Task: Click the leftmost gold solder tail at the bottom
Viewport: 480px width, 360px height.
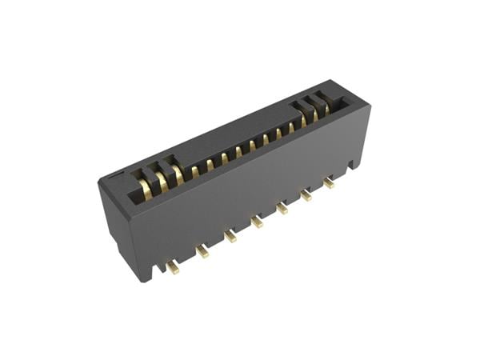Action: [173, 267]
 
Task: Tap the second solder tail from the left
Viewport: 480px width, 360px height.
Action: [202, 251]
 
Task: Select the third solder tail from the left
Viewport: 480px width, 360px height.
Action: [230, 236]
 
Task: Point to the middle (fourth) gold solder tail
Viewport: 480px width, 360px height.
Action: [257, 221]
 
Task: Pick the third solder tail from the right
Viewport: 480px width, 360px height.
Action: [282, 207]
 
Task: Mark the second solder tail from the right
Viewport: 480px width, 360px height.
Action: [306, 194]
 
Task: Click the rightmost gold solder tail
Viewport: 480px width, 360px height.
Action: [329, 182]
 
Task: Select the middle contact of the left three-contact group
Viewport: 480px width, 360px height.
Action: [162, 182]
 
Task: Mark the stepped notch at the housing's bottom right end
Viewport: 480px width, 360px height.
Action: [354, 163]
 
